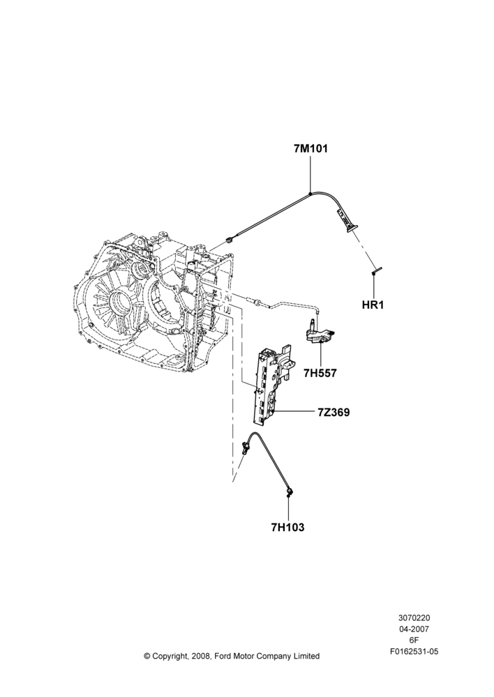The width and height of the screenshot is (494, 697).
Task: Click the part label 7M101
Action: pos(310,149)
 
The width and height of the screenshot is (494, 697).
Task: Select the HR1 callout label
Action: pos(373,305)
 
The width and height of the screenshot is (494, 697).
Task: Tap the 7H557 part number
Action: pos(320,374)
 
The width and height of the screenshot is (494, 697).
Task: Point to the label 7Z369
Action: pos(334,413)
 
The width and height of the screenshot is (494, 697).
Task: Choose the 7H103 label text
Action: pos(287,528)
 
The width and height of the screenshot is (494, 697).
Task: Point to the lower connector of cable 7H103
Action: pos(290,491)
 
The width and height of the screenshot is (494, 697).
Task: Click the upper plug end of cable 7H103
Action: pos(245,447)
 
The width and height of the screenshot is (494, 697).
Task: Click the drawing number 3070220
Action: pos(414,618)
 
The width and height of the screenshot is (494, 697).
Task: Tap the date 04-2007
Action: pos(414,629)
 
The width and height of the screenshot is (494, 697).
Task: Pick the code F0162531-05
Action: pos(414,652)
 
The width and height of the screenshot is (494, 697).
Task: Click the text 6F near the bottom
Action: pos(414,640)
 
